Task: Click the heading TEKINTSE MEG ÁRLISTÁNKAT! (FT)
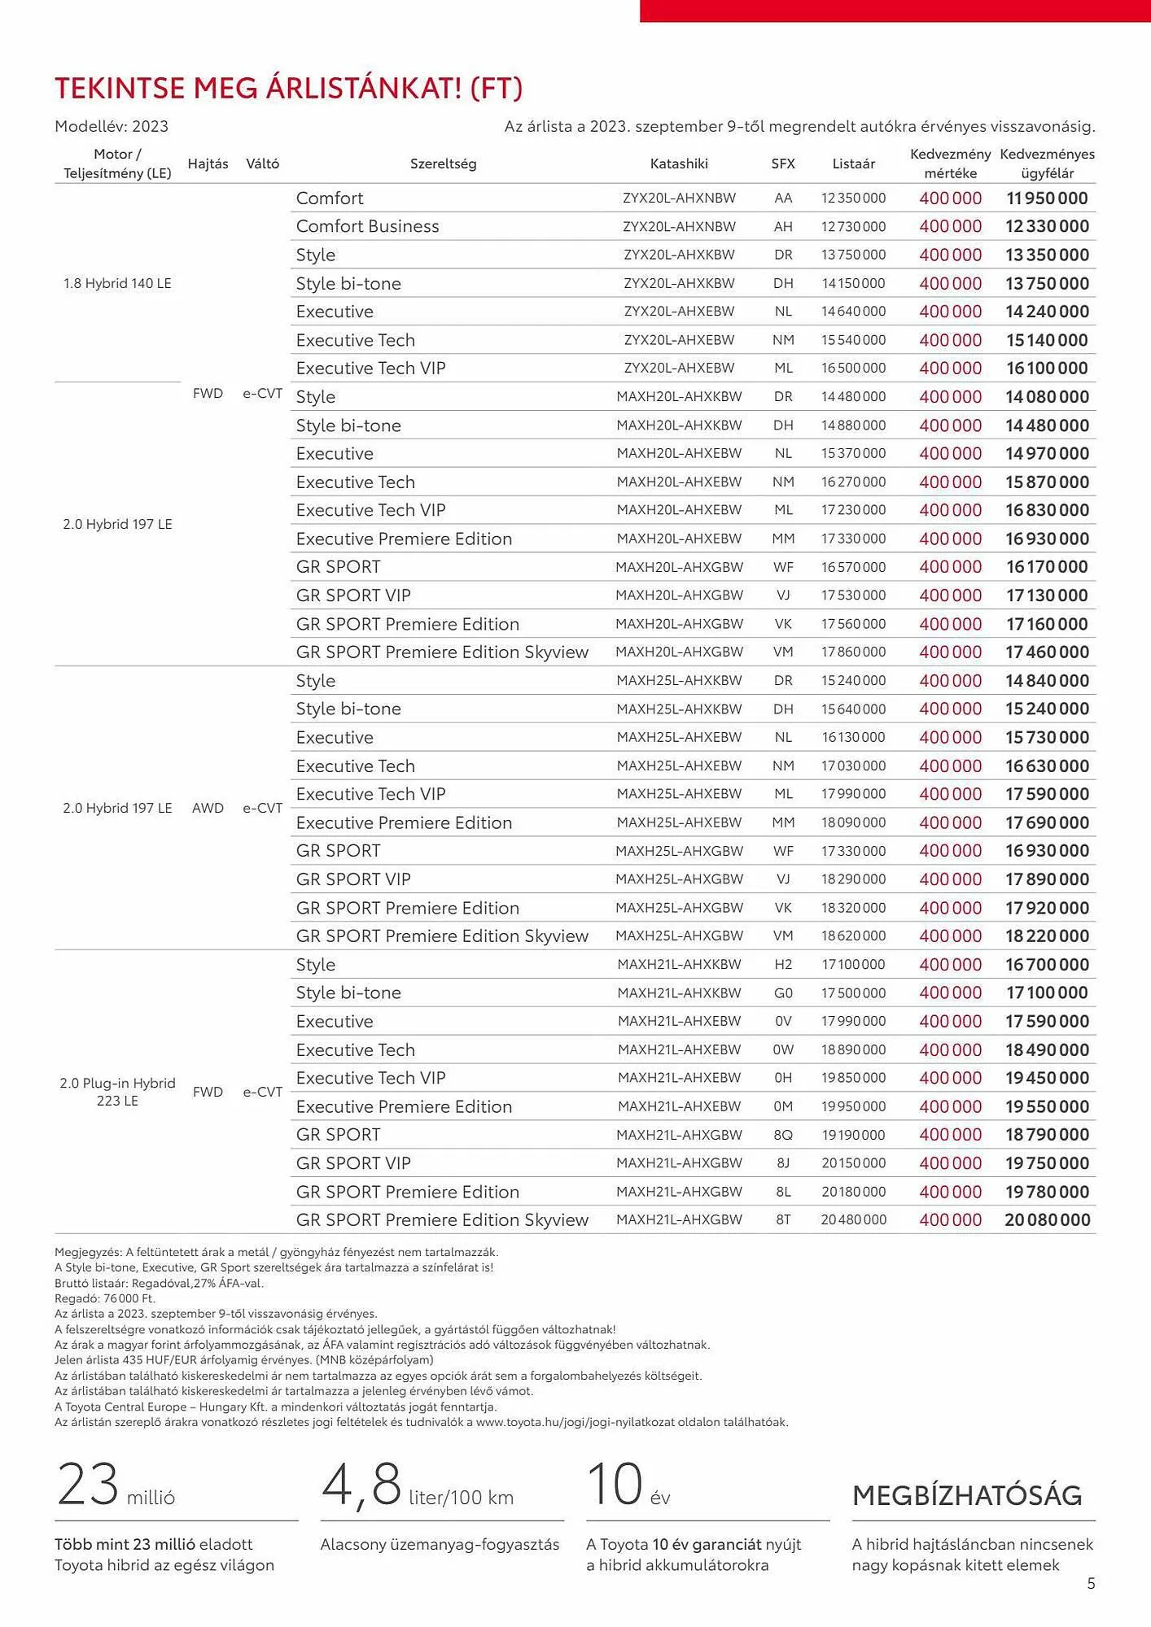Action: [x=288, y=88]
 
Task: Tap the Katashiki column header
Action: [x=679, y=164]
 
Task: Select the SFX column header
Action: [x=783, y=164]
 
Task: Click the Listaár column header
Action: [x=853, y=164]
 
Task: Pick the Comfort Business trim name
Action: [x=367, y=226]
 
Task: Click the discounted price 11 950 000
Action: [x=1047, y=198]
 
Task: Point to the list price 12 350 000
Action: [x=853, y=198]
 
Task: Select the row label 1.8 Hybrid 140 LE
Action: [x=117, y=283]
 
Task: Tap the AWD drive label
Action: [x=208, y=808]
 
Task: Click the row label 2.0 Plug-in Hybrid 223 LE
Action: [x=117, y=1092]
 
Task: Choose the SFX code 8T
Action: [x=783, y=1219]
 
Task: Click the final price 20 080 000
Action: [x=1047, y=1219]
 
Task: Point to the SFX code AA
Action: [x=783, y=198]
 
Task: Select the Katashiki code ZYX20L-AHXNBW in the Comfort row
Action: [x=679, y=198]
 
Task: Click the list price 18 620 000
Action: [x=853, y=936]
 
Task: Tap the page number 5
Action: [x=1091, y=1583]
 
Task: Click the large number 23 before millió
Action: [x=88, y=1484]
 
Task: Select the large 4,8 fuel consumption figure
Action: [x=361, y=1484]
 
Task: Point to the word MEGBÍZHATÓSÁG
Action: [x=967, y=1494]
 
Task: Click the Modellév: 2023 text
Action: [x=112, y=126]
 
